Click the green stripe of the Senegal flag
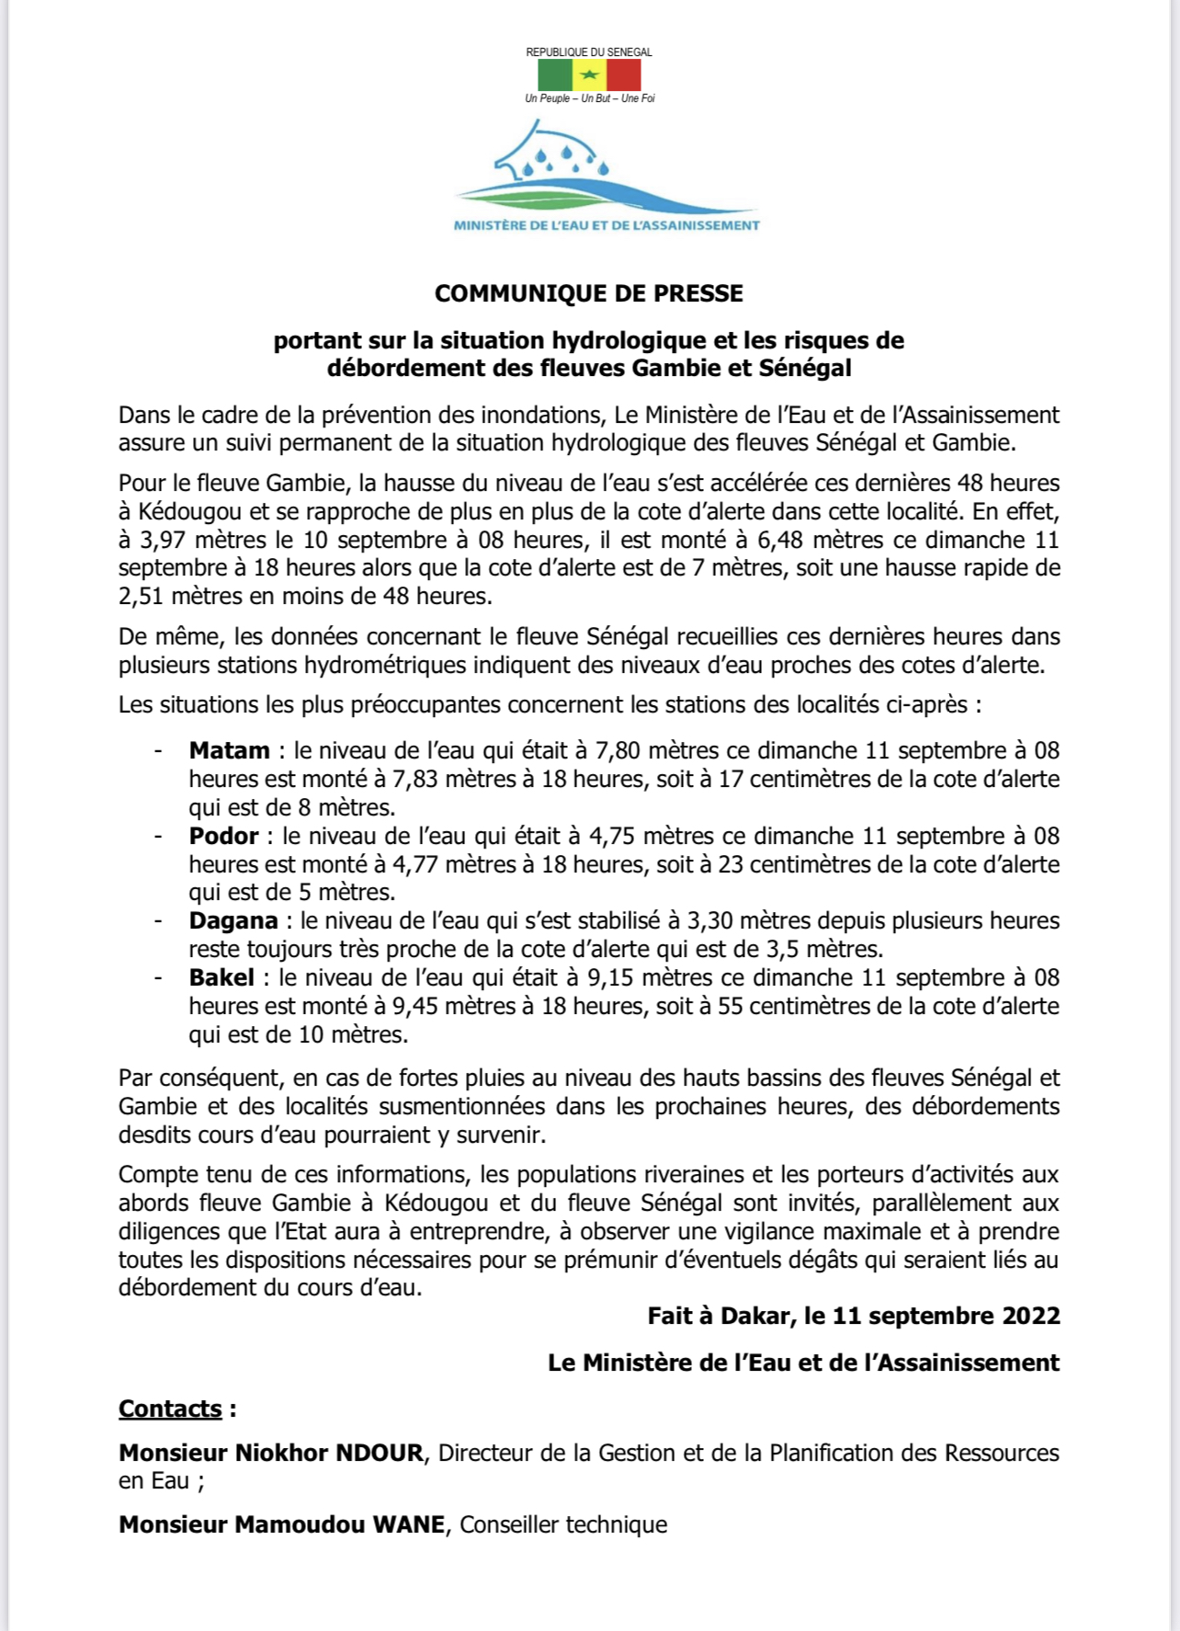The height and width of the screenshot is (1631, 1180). [x=555, y=75]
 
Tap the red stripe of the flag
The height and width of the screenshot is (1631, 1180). [x=624, y=75]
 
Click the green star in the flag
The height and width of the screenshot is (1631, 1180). [x=590, y=75]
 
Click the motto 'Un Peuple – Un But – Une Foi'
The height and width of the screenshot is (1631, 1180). [x=590, y=98]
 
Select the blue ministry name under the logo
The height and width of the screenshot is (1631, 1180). [x=607, y=225]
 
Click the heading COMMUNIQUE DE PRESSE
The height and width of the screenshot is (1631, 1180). [x=589, y=293]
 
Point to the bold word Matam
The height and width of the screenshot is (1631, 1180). [x=229, y=750]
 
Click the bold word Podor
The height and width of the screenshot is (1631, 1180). [x=223, y=836]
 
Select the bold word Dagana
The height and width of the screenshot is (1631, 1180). [x=233, y=920]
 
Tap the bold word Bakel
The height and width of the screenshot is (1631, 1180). [x=221, y=977]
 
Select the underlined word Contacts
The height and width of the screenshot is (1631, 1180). [x=170, y=1409]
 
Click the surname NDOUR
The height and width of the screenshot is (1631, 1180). [x=379, y=1453]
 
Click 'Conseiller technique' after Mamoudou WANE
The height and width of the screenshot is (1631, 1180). [x=563, y=1524]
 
